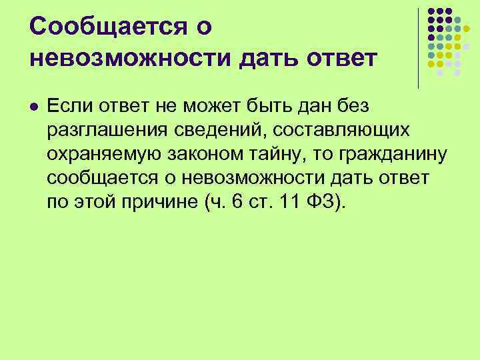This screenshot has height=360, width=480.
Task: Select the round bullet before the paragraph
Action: tap(34, 106)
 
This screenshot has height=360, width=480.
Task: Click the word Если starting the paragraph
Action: tap(68, 105)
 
